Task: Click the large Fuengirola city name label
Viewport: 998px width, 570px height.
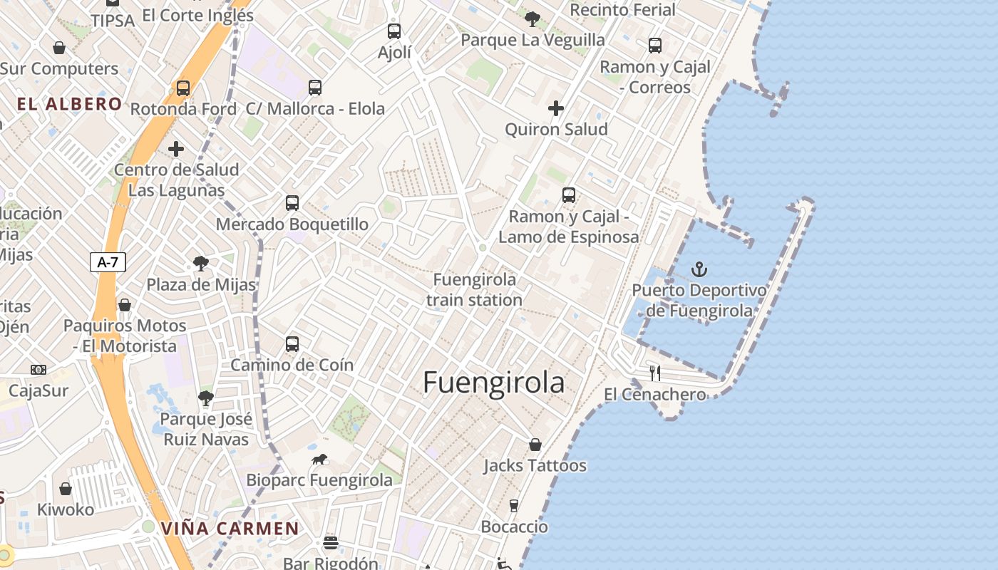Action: tap(493, 383)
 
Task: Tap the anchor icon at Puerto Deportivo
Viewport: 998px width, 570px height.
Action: tap(699, 269)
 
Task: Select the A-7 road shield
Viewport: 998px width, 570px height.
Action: tap(108, 262)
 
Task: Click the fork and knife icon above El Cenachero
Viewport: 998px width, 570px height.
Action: tap(655, 373)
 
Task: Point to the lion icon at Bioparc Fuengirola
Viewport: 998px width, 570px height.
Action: tap(319, 459)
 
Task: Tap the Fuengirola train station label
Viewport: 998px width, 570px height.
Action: tap(474, 289)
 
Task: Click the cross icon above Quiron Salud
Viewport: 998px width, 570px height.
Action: tap(556, 108)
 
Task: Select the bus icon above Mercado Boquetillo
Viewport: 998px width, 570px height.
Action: tap(292, 202)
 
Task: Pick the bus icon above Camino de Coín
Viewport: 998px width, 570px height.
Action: tap(292, 344)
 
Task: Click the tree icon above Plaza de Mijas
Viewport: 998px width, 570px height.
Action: tap(201, 264)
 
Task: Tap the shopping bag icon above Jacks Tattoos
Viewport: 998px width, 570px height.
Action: tap(535, 445)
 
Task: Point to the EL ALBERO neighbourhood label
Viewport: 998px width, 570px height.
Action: tap(70, 104)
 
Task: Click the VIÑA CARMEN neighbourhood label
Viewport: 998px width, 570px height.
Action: tap(230, 529)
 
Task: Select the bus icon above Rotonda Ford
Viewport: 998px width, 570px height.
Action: tap(183, 88)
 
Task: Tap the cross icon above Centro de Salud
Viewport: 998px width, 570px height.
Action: tap(176, 149)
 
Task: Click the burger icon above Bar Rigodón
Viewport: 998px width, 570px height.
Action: tap(330, 543)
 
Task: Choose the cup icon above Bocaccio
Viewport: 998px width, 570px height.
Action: tap(514, 506)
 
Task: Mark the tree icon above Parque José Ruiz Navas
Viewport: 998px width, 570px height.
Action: tap(206, 398)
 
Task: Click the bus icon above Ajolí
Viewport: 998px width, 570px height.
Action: tap(394, 31)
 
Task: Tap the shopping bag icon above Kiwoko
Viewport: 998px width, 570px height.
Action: tap(66, 489)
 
